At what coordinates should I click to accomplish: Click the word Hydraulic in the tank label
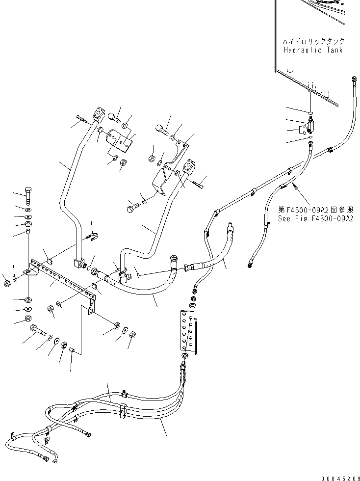pos(305,50)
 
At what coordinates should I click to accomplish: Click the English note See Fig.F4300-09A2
pos(315,219)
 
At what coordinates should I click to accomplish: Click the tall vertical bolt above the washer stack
pos(27,196)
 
